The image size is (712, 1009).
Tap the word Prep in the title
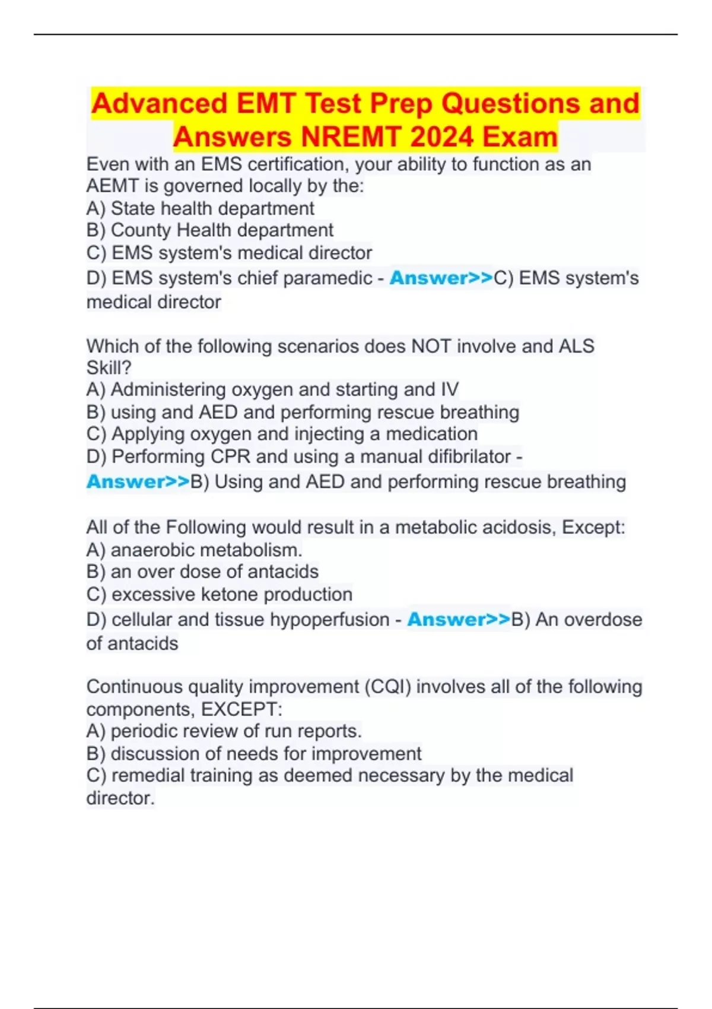tap(402, 103)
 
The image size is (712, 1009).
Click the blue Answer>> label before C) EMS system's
tap(441, 278)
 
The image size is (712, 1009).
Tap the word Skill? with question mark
tap(109, 368)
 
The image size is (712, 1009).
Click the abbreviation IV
tap(449, 389)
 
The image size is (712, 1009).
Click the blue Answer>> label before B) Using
tap(138, 481)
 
